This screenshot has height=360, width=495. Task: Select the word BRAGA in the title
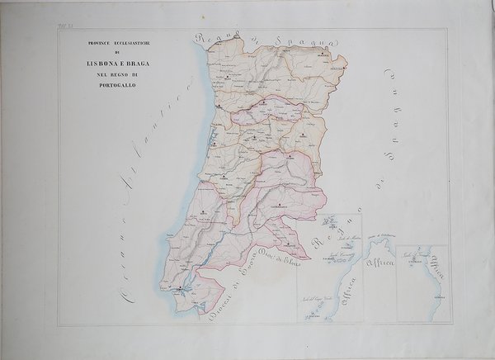(131, 64)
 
